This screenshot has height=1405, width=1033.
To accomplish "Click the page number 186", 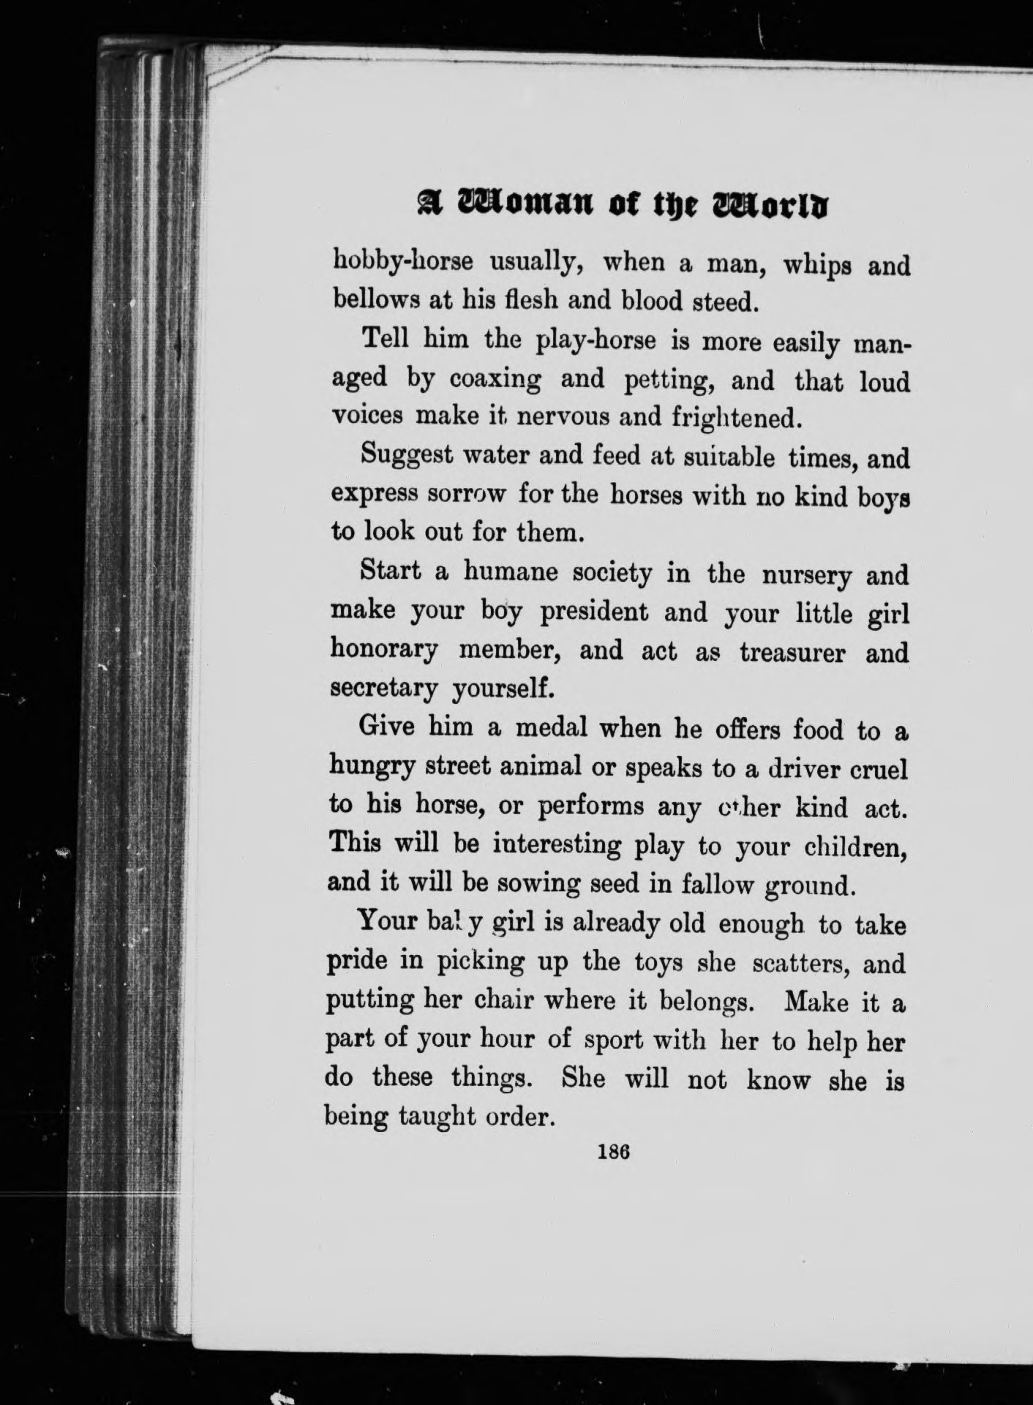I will [615, 1150].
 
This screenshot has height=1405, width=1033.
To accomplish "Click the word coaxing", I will [495, 380].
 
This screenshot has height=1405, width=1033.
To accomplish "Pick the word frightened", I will [732, 418].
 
